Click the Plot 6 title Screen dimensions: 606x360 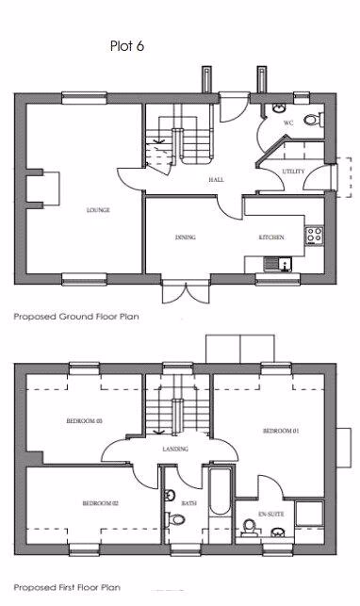(126, 43)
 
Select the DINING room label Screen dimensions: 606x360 (185, 237)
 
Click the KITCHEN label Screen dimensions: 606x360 (271, 237)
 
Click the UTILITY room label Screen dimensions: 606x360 (293, 172)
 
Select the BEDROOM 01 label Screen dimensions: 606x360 (280, 431)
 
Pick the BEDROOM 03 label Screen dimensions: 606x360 (85, 420)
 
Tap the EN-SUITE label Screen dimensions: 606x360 (270, 515)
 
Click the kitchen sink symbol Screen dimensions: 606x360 (274, 263)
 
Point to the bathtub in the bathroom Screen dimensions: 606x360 (219, 492)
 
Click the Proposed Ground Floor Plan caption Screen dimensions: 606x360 (75, 318)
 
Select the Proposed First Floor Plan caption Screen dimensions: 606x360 (70, 587)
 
